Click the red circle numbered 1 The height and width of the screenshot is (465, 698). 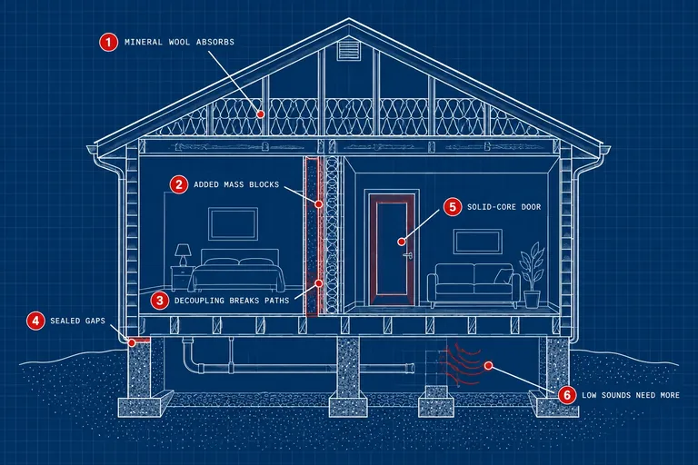(108, 43)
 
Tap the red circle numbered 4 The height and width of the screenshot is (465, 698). (35, 321)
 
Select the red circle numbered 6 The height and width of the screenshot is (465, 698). (567, 395)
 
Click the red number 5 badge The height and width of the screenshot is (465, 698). (453, 207)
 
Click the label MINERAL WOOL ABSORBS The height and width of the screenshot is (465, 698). (179, 43)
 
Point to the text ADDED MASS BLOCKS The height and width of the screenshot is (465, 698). (236, 184)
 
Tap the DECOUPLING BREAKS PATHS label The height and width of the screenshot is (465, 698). (232, 301)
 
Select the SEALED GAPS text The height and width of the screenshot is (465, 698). (78, 321)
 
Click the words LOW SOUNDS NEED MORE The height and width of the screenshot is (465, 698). (631, 395)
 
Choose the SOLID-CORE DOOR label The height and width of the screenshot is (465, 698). (504, 207)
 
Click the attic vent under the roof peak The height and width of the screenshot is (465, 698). (349, 50)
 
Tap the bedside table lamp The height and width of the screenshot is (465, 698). (183, 255)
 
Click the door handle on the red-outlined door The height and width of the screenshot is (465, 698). (407, 255)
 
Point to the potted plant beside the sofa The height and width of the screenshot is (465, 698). (532, 275)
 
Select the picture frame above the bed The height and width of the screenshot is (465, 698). (234, 223)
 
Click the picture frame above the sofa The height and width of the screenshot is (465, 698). (478, 242)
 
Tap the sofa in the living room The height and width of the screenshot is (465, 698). (474, 285)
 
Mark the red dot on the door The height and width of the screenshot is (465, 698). (402, 242)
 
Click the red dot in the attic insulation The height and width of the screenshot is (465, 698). (261, 114)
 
